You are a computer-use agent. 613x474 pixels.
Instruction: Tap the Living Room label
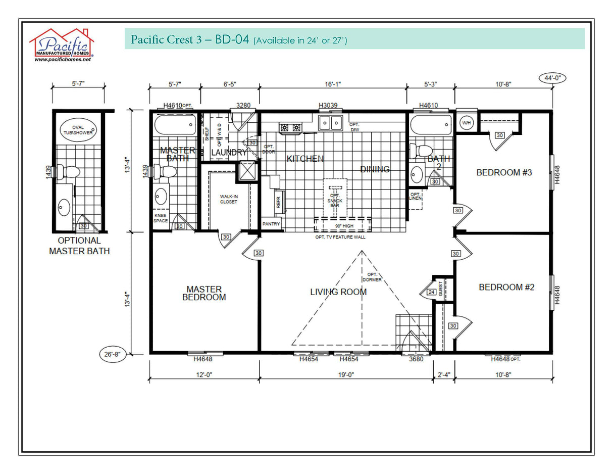[x=338, y=292]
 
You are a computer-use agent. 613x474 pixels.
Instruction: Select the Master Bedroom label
[x=204, y=293]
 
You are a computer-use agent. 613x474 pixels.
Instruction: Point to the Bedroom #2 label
[x=506, y=287]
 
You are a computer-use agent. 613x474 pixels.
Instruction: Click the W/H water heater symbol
[x=465, y=123]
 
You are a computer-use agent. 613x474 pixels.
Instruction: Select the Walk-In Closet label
[x=228, y=199]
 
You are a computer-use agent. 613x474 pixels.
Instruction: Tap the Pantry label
[x=271, y=224]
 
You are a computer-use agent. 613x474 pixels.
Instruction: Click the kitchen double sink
[x=331, y=122]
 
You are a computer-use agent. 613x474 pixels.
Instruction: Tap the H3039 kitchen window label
[x=328, y=105]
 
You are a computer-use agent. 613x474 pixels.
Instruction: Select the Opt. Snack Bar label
[x=335, y=200]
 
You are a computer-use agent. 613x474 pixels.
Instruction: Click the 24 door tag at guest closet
[x=431, y=292]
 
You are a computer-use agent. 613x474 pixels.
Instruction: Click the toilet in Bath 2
[x=423, y=151]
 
